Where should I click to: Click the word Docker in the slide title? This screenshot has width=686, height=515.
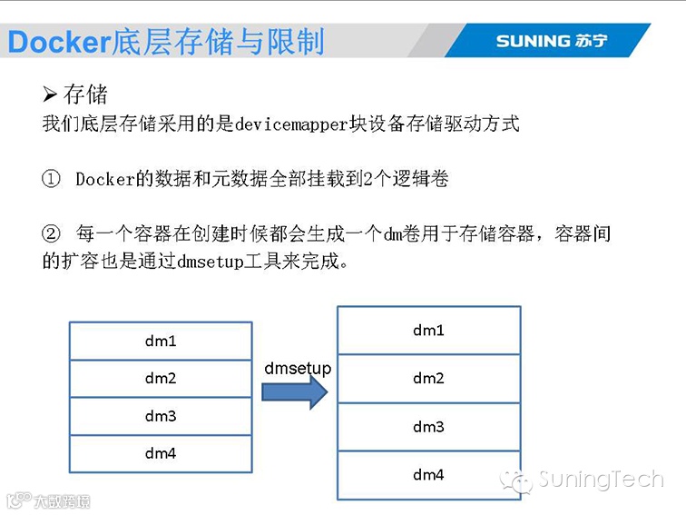click(57, 42)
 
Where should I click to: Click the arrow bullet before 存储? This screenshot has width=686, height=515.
click(50, 94)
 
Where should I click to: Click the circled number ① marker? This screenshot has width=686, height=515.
click(51, 179)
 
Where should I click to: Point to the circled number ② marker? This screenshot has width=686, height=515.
click(51, 234)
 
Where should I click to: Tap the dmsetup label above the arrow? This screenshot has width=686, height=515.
click(298, 368)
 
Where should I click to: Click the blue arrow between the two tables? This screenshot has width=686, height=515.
click(294, 391)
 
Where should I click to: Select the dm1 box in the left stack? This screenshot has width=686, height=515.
click(161, 342)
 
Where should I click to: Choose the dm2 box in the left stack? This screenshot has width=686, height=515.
click(161, 379)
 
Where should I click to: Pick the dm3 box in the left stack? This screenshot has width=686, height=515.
click(161, 416)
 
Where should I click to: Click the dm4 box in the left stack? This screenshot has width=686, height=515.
click(161, 453)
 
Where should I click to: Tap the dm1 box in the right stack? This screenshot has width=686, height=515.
click(428, 331)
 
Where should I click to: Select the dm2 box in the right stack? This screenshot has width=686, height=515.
click(428, 379)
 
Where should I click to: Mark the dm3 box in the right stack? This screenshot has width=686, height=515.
click(428, 427)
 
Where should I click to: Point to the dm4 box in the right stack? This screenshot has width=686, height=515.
click(428, 475)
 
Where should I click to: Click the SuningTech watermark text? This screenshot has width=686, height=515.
click(600, 480)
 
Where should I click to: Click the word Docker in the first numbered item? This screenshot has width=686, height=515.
click(105, 179)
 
